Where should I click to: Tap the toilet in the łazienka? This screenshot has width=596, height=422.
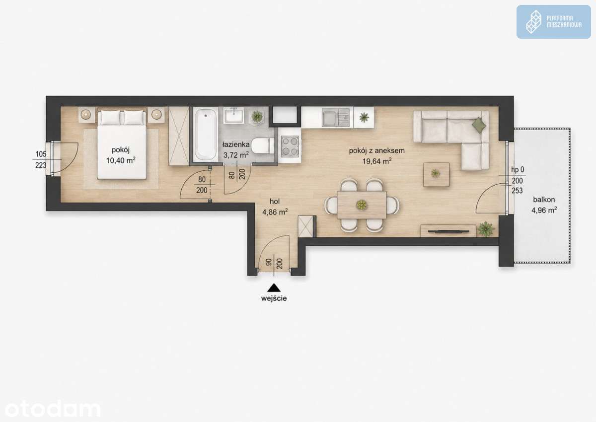coord(263,146)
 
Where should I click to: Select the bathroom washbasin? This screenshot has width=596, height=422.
coord(233,115)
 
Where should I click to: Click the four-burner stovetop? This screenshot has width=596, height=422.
coord(290,145)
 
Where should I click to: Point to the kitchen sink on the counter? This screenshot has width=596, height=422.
coord(336,117)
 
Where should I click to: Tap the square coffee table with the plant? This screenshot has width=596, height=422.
coord(437,174)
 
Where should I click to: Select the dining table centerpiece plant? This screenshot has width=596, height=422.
coord(362,205)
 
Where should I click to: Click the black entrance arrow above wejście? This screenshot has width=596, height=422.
coord(274,288)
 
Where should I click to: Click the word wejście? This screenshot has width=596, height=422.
coord(274,298)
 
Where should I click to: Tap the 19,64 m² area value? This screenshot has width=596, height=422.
coord(377,161)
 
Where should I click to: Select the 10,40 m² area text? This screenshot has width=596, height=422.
coord(121,160)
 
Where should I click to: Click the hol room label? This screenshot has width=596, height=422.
coord(275,201)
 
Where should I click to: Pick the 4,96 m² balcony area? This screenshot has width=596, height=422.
coord(544,211)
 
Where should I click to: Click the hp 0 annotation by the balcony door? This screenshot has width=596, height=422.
coord(518,170)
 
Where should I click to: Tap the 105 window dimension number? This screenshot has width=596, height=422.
coord(41,154)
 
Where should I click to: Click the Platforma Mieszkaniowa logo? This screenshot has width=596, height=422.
coord(553,22)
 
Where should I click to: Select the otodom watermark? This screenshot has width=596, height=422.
coord(53,409)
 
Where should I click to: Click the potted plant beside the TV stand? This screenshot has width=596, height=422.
coord(486,229)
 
